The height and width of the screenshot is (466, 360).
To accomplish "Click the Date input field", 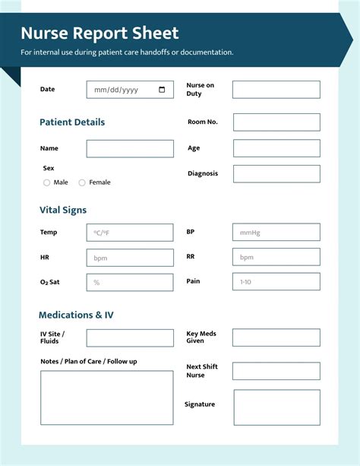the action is tap(125, 90).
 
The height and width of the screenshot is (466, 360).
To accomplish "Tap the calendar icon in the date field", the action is tap(162, 90).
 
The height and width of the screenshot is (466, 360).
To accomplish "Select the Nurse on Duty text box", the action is tap(276, 90).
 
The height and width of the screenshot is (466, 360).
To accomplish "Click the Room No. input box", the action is tap(276, 122).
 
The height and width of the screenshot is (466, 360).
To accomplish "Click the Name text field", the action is tap(130, 148).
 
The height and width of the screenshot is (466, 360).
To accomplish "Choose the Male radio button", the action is tap(47, 182).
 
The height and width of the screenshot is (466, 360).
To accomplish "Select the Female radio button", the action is tap(82, 182).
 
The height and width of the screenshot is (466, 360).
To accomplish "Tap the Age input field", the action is tap(276, 148).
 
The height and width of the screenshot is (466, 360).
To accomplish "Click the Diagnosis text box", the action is tap(276, 173).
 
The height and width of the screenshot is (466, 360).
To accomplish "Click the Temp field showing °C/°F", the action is tap(130, 233).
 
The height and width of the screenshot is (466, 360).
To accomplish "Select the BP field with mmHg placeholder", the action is tap(276, 233).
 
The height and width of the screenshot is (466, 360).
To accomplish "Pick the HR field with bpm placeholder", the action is tap(130, 258).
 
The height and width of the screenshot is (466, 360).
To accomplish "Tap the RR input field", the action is tap(276, 258).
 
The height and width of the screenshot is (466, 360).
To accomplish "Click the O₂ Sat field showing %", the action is tap(130, 282).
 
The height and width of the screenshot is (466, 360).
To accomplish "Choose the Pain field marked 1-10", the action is tap(276, 282).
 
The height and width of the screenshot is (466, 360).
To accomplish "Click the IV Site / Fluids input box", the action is tap(130, 338).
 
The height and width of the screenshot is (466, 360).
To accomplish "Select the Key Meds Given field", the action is tap(276, 338).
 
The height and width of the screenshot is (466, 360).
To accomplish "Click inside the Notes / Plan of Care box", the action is tap(106, 398).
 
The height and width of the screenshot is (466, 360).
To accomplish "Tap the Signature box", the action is tap(276, 407).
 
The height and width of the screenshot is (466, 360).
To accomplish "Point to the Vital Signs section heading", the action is tap(63, 210).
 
